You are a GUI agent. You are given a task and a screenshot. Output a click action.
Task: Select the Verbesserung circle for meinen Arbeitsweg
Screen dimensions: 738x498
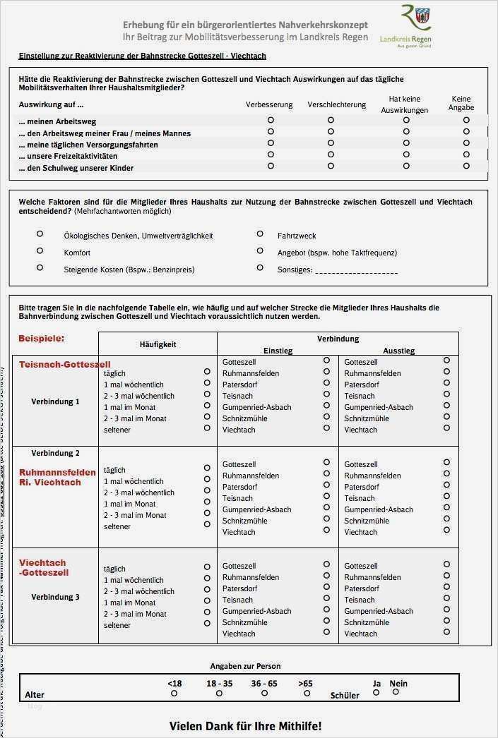(x=271, y=121)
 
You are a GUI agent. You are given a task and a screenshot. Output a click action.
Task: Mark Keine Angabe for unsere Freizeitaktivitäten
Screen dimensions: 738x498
(x=466, y=155)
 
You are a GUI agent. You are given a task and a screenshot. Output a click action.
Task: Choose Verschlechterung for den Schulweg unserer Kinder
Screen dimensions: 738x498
(x=331, y=166)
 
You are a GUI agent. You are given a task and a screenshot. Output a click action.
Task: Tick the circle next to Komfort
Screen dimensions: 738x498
(x=40, y=250)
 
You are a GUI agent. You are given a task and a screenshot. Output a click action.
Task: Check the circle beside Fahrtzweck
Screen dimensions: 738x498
(x=260, y=234)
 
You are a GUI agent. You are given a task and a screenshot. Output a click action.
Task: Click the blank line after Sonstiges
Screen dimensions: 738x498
(x=356, y=270)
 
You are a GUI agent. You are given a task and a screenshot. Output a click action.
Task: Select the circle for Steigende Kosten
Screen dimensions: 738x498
(x=40, y=267)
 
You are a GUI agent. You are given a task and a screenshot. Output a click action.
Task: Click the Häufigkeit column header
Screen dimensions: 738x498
(x=158, y=344)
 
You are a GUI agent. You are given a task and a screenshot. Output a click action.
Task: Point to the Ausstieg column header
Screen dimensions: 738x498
(x=398, y=351)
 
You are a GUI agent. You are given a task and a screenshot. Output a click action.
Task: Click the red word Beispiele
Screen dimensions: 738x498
(x=41, y=339)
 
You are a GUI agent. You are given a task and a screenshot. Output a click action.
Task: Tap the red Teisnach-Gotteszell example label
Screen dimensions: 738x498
(x=64, y=365)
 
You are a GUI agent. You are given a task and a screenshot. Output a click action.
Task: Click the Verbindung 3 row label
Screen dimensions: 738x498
(x=55, y=597)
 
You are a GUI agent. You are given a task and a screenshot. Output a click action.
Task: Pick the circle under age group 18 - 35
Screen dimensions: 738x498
(x=219, y=694)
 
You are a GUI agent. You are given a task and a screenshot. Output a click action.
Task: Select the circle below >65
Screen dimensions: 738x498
(x=307, y=694)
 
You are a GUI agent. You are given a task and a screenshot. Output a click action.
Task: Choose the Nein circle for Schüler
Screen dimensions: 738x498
(x=396, y=692)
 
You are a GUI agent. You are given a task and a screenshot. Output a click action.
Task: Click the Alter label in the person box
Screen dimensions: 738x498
(x=35, y=695)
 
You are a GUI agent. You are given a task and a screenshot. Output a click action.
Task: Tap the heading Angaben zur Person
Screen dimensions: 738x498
(x=245, y=666)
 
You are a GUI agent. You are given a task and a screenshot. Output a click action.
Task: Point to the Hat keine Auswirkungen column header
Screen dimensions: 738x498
(x=405, y=104)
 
